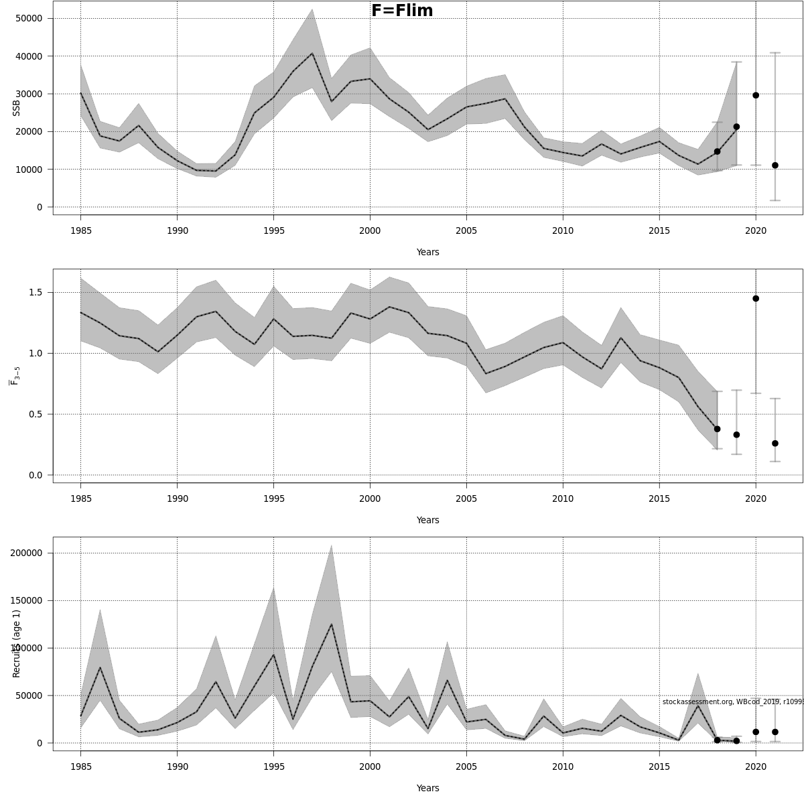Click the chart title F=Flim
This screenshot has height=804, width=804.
pos(402,11)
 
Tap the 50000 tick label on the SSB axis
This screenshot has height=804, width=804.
pos(28,18)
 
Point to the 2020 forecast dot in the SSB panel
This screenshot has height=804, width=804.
pos(756,95)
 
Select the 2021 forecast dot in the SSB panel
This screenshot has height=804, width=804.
pos(775,165)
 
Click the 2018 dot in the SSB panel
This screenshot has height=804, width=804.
pos(717,151)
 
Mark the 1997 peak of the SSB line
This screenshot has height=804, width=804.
pos(312,54)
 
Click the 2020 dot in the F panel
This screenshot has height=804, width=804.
pos(756,298)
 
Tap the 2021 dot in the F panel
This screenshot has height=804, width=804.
pos(775,444)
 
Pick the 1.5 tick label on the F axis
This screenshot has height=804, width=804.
pos(36,292)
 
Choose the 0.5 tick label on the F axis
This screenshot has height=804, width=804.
pos(36,414)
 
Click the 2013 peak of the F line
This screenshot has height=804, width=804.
pos(621,338)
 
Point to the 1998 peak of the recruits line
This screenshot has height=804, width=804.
pos(331,624)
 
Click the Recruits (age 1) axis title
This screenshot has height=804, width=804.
pos(17,643)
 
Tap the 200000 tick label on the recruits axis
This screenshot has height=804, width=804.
pos(25,553)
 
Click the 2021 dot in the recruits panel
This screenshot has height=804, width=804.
pos(775,732)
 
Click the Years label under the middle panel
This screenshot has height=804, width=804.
pos(427,520)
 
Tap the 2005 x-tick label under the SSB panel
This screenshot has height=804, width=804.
pos(466,231)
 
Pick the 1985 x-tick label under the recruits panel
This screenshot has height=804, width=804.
pos(80,767)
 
